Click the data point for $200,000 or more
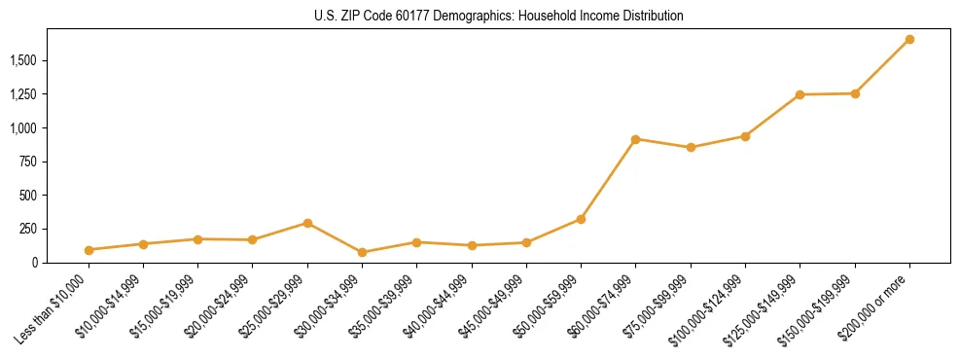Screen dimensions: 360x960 (x=909, y=39)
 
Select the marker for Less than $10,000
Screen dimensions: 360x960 (x=89, y=250)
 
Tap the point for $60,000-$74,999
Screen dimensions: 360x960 (x=636, y=139)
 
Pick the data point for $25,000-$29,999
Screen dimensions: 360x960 (x=308, y=223)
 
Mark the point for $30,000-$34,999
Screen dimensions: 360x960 (x=363, y=252)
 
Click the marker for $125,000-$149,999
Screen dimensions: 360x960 (x=800, y=94)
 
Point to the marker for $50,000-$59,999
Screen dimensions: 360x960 (x=581, y=219)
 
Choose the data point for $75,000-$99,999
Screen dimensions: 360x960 (x=691, y=148)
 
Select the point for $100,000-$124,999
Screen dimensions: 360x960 (x=745, y=136)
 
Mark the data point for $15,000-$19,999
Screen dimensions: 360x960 (x=198, y=238)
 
